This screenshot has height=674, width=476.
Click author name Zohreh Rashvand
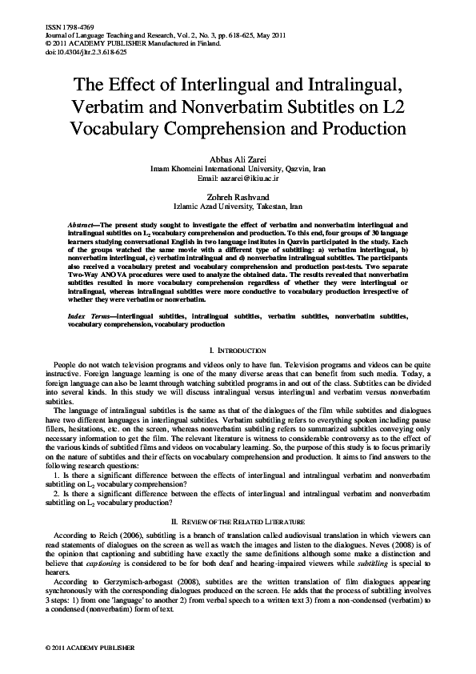[238, 195]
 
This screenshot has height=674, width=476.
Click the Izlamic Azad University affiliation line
[238, 205]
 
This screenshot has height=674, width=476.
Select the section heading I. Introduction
[238, 351]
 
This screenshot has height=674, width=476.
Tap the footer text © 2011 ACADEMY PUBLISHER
[79, 646]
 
